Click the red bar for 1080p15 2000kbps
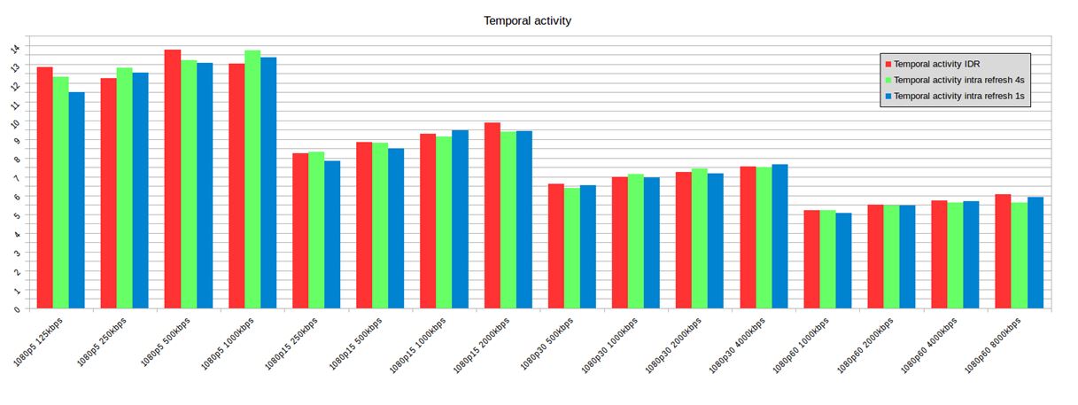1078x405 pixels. click(x=492, y=216)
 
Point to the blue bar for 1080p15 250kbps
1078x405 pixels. click(x=332, y=235)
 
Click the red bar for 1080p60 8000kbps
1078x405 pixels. click(x=1003, y=252)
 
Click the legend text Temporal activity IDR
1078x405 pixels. click(x=936, y=64)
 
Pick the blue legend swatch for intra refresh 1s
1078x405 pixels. click(x=888, y=96)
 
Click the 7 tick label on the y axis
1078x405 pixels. click(x=15, y=178)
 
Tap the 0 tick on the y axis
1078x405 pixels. click(x=15, y=309)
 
